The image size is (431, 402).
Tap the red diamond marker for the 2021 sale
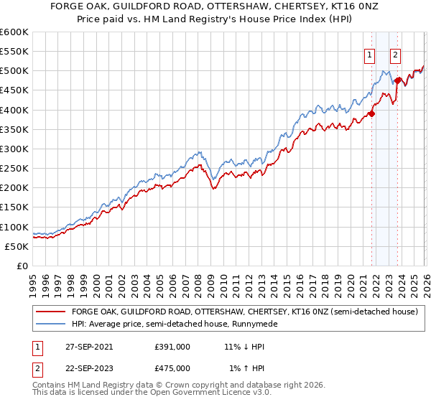click(372, 113)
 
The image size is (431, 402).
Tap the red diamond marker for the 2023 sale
click(397, 80)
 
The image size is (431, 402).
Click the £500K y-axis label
click(14, 71)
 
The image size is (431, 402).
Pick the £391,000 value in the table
click(172, 346)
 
